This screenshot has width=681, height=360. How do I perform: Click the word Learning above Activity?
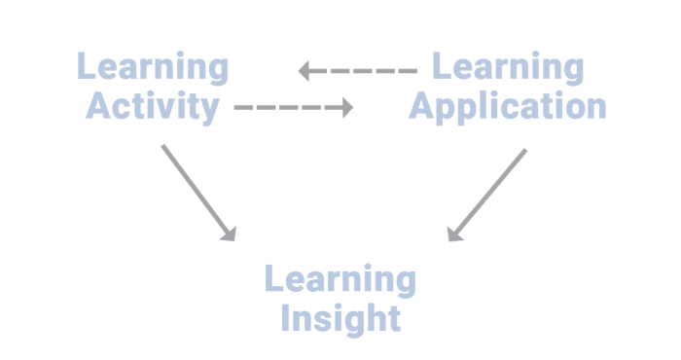pos(153,68)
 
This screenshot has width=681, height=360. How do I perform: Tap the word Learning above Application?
pos(507,68)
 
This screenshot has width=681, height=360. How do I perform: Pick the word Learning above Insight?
pos(340,280)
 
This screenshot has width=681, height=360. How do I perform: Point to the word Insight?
pos(340,317)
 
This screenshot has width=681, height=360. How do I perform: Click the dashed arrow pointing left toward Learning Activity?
pos(358,70)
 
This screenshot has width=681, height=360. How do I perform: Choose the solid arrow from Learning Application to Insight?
pos(486,195)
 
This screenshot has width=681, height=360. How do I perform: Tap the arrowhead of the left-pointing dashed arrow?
pos(305,70)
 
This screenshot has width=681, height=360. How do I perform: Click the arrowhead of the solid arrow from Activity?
pos(230,234)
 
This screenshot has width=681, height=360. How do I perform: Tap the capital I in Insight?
pos(285,317)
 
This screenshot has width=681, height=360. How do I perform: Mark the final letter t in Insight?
pos(392,317)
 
